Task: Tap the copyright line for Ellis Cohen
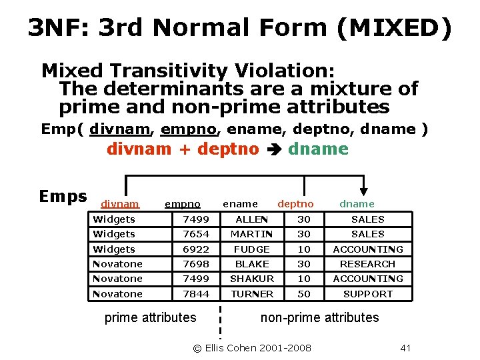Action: (x=251, y=348)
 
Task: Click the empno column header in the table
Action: (x=183, y=204)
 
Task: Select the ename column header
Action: (x=240, y=204)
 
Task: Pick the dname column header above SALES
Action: (x=357, y=204)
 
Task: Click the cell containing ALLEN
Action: (x=252, y=219)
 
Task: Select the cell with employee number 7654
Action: (x=196, y=234)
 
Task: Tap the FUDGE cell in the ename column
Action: (x=252, y=249)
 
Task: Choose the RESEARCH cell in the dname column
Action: (x=368, y=264)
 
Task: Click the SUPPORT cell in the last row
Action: (x=368, y=294)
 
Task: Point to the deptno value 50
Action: (x=304, y=294)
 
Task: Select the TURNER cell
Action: (x=252, y=294)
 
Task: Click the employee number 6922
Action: (x=196, y=249)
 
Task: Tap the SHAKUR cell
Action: (x=252, y=279)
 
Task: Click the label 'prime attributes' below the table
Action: (x=151, y=317)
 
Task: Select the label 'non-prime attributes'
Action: (x=319, y=317)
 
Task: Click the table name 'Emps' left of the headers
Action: (x=63, y=196)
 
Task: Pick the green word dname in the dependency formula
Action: (x=318, y=149)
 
